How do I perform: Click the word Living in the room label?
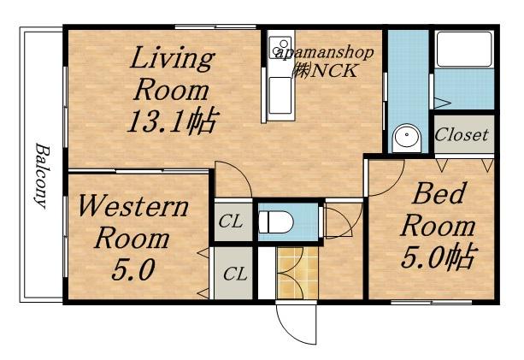pos(172,59)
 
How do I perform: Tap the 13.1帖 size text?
pos(173,121)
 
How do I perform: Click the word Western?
pos(133,207)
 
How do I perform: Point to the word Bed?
pos(439,193)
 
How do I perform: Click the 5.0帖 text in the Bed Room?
pos(439,257)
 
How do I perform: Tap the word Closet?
pos(462,135)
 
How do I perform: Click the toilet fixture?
pos(276,222)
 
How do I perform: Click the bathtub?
pos(465,49)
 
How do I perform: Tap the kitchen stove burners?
pos(280,47)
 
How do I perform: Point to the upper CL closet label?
pos(231,221)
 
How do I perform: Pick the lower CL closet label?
pos(235,274)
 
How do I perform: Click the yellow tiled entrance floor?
pos(297,273)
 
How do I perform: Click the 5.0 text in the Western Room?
pos(133,270)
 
